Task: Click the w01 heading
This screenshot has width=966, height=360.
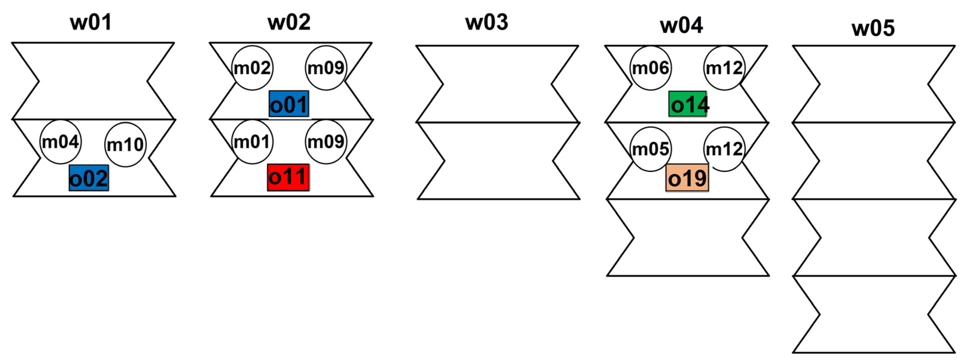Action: pos(91,22)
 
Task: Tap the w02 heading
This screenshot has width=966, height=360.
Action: pos(289,22)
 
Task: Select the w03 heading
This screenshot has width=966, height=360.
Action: pos(487,22)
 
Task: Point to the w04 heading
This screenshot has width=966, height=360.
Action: pos(681,25)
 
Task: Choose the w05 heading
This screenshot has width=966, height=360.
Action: pos(873,28)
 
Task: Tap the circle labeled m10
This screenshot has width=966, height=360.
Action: pos(125,145)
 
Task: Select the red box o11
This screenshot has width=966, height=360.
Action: pos(288,177)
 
